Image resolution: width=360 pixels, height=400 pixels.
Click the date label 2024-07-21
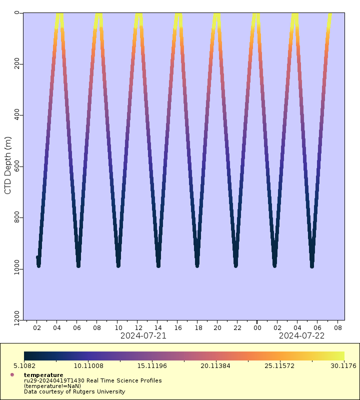pos(143,336)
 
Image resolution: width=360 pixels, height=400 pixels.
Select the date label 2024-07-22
pos(301,336)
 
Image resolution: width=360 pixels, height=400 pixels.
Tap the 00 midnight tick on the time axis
pos(257,328)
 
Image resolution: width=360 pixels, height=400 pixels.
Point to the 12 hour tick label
pos(137,328)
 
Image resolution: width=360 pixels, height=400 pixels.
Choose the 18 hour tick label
pos(197,328)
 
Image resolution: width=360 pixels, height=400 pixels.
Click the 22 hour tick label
pos(237,328)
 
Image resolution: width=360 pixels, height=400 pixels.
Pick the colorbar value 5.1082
pos(34,365)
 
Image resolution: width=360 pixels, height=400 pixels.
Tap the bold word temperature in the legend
pos(43,375)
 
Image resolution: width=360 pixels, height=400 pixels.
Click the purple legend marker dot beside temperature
pos(12,374)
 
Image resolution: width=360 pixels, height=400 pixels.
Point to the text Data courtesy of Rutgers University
pos(74,391)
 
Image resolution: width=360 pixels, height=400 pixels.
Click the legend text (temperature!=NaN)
pos(52,386)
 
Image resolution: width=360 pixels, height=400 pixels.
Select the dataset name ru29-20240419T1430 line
pos(92,380)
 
